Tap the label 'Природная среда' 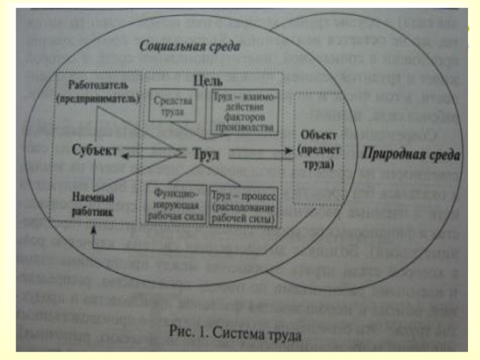[x=412, y=155]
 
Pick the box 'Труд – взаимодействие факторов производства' [x=243, y=110]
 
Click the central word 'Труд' [x=206, y=154]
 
